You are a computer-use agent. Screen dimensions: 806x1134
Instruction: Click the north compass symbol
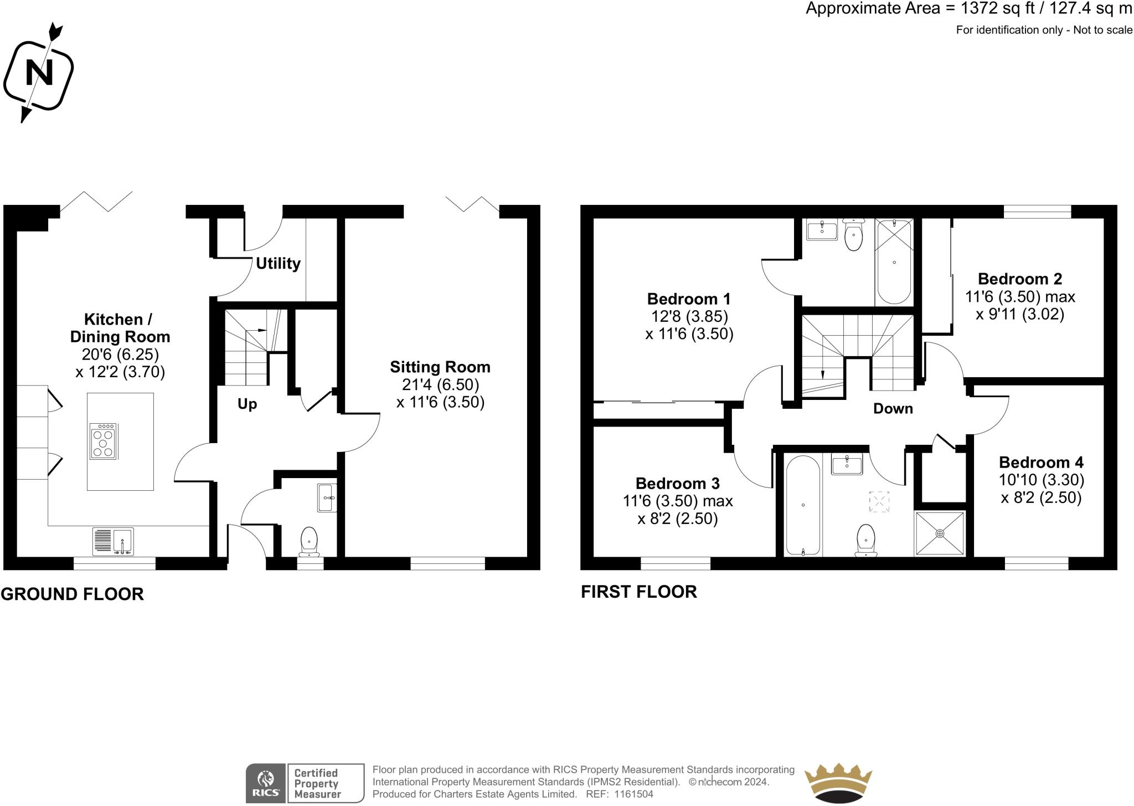pyautogui.click(x=38, y=73)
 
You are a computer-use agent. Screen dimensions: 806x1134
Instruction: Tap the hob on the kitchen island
pyautogui.click(x=104, y=441)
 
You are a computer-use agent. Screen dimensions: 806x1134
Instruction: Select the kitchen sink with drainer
pyautogui.click(x=114, y=541)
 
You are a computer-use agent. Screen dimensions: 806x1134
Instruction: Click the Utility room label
pyautogui.click(x=278, y=264)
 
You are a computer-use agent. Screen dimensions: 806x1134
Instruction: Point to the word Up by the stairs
pyautogui.click(x=247, y=404)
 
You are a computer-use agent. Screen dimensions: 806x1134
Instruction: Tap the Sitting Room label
pyautogui.click(x=440, y=367)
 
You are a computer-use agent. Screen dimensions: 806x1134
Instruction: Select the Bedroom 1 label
pyautogui.click(x=689, y=299)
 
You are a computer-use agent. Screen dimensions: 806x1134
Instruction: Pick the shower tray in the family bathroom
pyautogui.click(x=940, y=533)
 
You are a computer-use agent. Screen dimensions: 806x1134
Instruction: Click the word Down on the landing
pyautogui.click(x=893, y=409)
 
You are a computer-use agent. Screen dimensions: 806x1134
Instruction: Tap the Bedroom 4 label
pyautogui.click(x=1041, y=463)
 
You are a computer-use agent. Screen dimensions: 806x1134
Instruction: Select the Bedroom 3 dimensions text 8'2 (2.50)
pyautogui.click(x=678, y=519)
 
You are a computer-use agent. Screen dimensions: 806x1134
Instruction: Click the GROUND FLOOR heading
pyautogui.click(x=72, y=594)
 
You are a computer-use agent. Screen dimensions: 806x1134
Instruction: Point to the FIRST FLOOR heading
pyautogui.click(x=638, y=592)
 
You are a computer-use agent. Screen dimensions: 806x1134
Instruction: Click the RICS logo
pyautogui.click(x=266, y=783)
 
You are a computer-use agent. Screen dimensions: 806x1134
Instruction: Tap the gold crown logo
pyautogui.click(x=838, y=783)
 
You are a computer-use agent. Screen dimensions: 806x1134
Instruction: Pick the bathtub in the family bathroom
pyautogui.click(x=803, y=505)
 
